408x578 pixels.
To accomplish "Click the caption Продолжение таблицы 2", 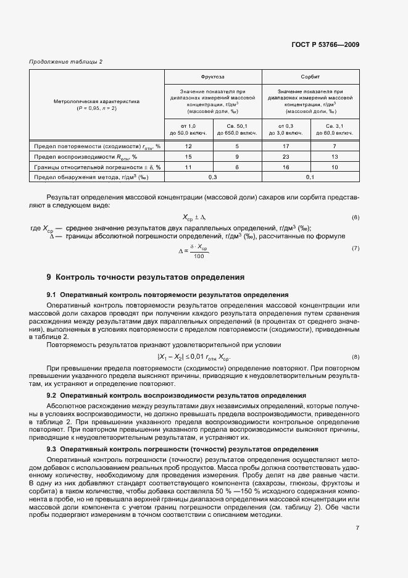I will pyautogui.click(x=65, y=61).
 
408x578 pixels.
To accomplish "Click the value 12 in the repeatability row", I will pyautogui.click(x=189, y=146).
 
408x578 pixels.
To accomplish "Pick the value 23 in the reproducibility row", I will pyautogui.click(x=286, y=157).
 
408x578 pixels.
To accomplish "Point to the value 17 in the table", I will pyautogui.click(x=286, y=146).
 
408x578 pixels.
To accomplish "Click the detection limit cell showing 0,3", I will pyautogui.click(x=213, y=177).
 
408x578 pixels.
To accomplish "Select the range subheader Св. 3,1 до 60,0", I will pyautogui.click(x=335, y=130).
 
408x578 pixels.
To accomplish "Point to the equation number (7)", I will pyautogui.click(x=355, y=248).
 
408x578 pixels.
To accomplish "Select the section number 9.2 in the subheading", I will pyautogui.click(x=52, y=395).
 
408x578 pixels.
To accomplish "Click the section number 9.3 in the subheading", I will pyautogui.click(x=52, y=449).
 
